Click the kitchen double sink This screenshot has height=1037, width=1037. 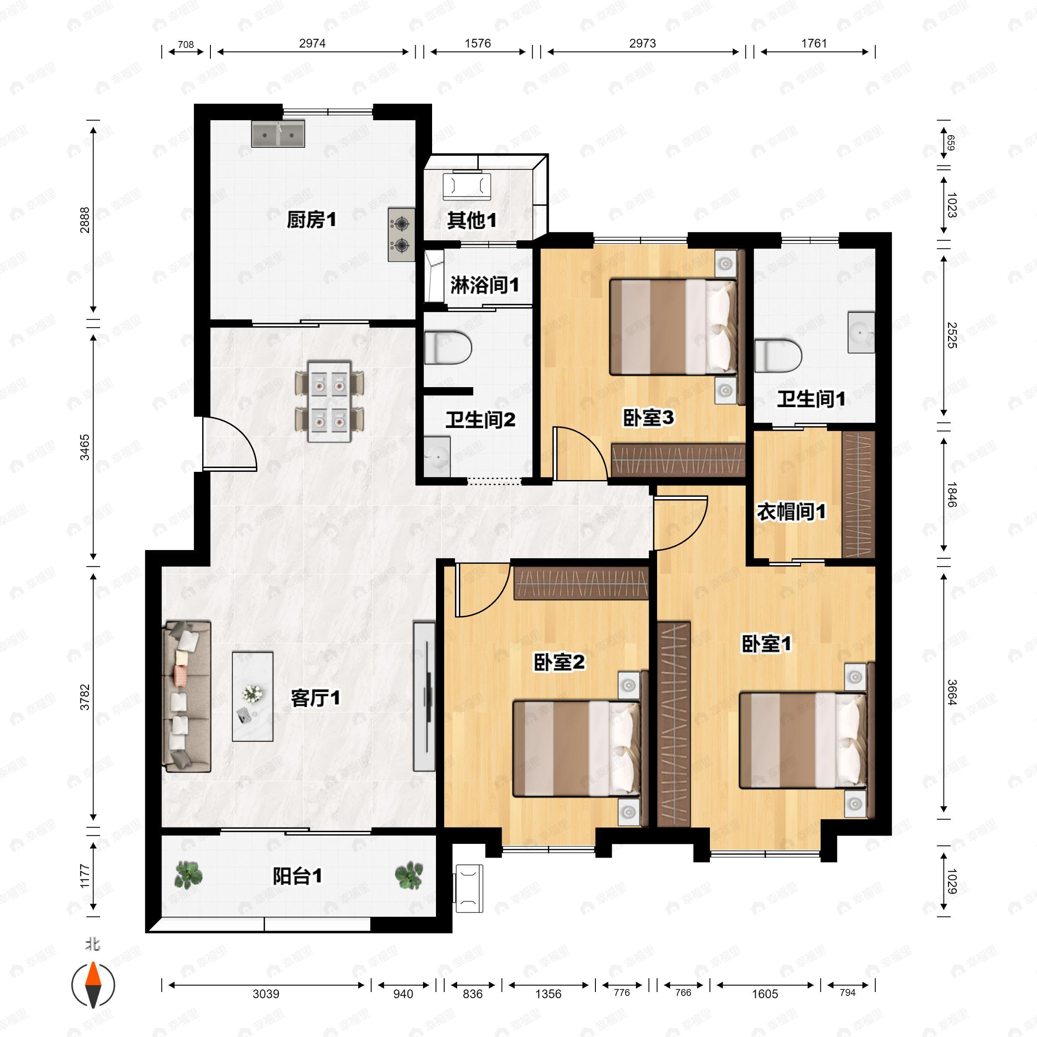click(278, 134)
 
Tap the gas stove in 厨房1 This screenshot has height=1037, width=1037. click(401, 235)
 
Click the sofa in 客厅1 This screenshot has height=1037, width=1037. click(186, 696)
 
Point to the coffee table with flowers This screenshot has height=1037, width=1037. click(252, 696)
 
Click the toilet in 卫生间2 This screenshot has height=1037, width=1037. click(447, 348)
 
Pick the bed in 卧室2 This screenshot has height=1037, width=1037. click(576, 748)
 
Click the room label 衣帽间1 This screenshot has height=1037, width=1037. click(791, 512)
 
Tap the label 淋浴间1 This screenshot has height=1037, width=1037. click(484, 285)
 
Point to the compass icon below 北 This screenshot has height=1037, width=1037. click(93, 985)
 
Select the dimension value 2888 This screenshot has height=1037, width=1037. click(85, 219)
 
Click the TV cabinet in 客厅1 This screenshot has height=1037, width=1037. click(424, 696)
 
